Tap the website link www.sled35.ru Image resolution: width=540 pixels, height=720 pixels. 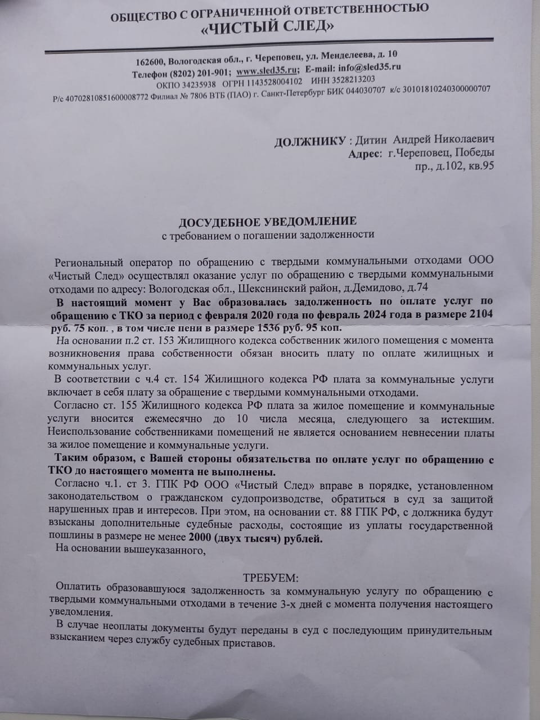tap(267, 71)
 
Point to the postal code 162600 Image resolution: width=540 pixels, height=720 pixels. tap(149, 62)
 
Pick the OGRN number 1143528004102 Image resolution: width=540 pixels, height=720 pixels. tap(273, 82)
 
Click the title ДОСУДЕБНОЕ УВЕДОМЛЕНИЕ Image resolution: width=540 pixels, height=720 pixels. tap(267, 222)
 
